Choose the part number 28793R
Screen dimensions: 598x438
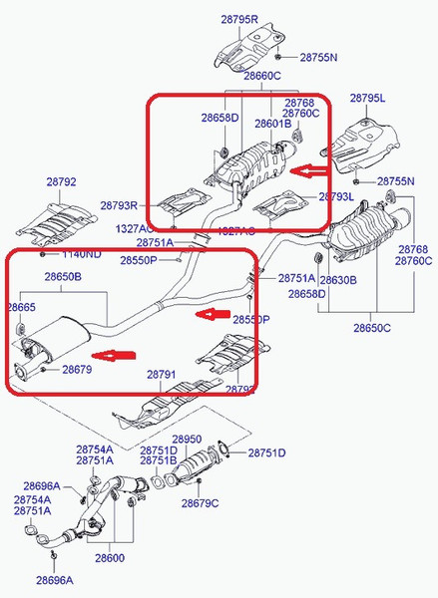[x=119, y=205]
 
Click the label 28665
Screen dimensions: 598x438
[x=21, y=308]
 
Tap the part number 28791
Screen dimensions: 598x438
[x=162, y=375]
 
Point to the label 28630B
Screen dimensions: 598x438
[x=338, y=280]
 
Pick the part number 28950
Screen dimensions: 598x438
[x=187, y=439]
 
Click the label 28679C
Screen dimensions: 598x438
[x=200, y=503]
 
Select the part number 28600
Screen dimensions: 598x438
[x=111, y=558]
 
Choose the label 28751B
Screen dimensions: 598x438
[x=159, y=461]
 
